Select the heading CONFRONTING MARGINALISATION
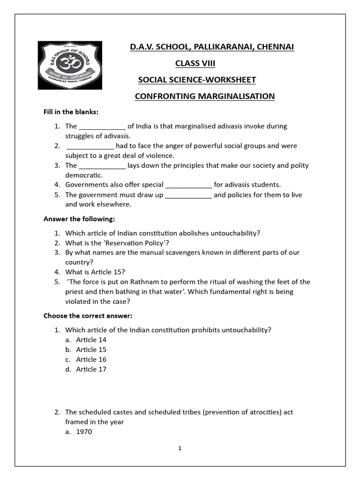[204, 96]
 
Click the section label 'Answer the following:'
[79, 219]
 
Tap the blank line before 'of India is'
[102, 127]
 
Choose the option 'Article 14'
[91, 340]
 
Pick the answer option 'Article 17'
[91, 369]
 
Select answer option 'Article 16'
[91, 360]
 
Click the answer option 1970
[84, 432]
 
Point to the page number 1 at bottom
[180, 449]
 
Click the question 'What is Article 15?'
[95, 272]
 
